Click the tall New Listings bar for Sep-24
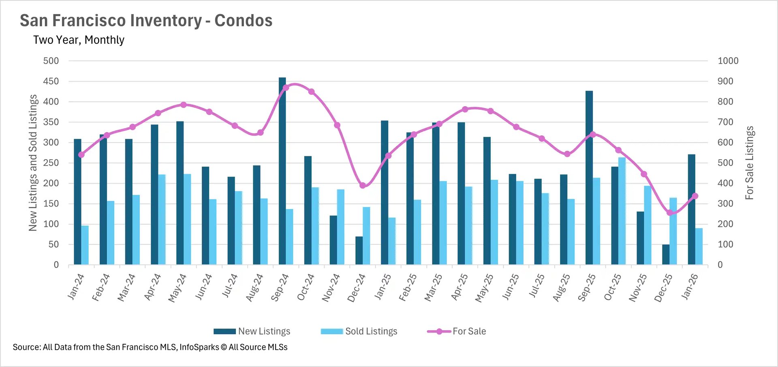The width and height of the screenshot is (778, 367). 282,170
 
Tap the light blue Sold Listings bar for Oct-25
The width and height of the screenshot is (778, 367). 622,211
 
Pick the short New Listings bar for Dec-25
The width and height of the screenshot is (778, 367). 666,254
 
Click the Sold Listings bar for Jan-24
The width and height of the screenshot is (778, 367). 85,245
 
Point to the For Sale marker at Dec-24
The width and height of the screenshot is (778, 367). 363,186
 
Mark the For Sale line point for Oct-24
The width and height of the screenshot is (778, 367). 311,92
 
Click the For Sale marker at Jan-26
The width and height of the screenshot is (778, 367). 695,196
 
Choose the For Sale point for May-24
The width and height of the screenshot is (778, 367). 184,105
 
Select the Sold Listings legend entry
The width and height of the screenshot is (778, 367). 359,331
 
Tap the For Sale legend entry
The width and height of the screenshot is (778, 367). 457,331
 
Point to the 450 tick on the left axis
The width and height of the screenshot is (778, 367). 51,81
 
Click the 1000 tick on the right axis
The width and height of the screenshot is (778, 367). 728,61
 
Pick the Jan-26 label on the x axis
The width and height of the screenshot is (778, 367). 690,286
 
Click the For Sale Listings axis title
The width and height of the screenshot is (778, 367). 750,163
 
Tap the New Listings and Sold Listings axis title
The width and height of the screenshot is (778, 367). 33,163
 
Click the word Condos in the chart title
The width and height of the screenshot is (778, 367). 243,21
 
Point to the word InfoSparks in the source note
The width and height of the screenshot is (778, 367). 199,347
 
